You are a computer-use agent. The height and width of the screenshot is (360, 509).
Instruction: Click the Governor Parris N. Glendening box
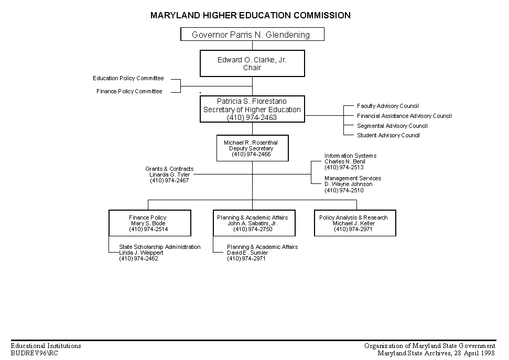tap(252, 34)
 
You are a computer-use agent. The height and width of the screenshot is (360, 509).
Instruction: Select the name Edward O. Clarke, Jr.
tap(252, 60)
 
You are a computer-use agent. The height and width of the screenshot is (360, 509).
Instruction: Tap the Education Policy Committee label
tap(128, 78)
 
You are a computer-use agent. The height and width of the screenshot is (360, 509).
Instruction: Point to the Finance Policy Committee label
tap(129, 91)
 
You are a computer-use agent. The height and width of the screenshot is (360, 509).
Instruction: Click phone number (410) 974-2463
tap(252, 117)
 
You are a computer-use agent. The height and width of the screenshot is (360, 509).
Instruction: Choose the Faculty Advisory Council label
tap(387, 106)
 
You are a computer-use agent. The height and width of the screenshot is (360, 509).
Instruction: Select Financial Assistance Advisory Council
tap(404, 116)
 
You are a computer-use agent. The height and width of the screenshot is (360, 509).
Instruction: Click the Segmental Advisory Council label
tap(392, 126)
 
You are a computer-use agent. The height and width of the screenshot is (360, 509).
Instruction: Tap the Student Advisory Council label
tap(388, 135)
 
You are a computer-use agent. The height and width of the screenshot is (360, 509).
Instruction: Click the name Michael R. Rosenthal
tap(251, 143)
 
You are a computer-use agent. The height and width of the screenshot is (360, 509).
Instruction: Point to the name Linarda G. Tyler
tap(169, 174)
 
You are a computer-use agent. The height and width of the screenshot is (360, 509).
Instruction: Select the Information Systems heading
tap(351, 156)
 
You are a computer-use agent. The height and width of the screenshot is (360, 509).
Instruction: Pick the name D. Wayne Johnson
tap(348, 184)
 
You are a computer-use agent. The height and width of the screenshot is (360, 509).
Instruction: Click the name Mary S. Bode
tap(148, 223)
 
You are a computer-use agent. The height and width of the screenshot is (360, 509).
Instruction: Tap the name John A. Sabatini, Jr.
tap(253, 223)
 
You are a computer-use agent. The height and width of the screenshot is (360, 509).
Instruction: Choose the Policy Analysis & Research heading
tap(353, 217)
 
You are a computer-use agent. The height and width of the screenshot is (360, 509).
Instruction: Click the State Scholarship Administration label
tap(160, 247)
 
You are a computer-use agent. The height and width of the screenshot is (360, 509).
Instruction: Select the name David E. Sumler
tap(247, 253)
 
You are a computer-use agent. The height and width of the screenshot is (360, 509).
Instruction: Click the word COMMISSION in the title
tap(322, 15)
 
